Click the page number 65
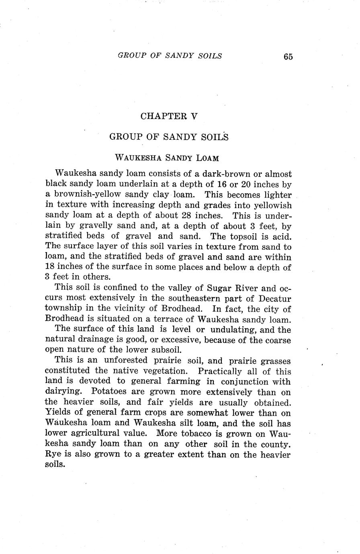tap(288, 57)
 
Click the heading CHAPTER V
tap(169, 116)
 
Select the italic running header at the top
tap(170, 56)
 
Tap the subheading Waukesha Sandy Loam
tap(167, 158)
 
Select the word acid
tap(281, 236)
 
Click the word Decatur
tap(275, 299)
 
